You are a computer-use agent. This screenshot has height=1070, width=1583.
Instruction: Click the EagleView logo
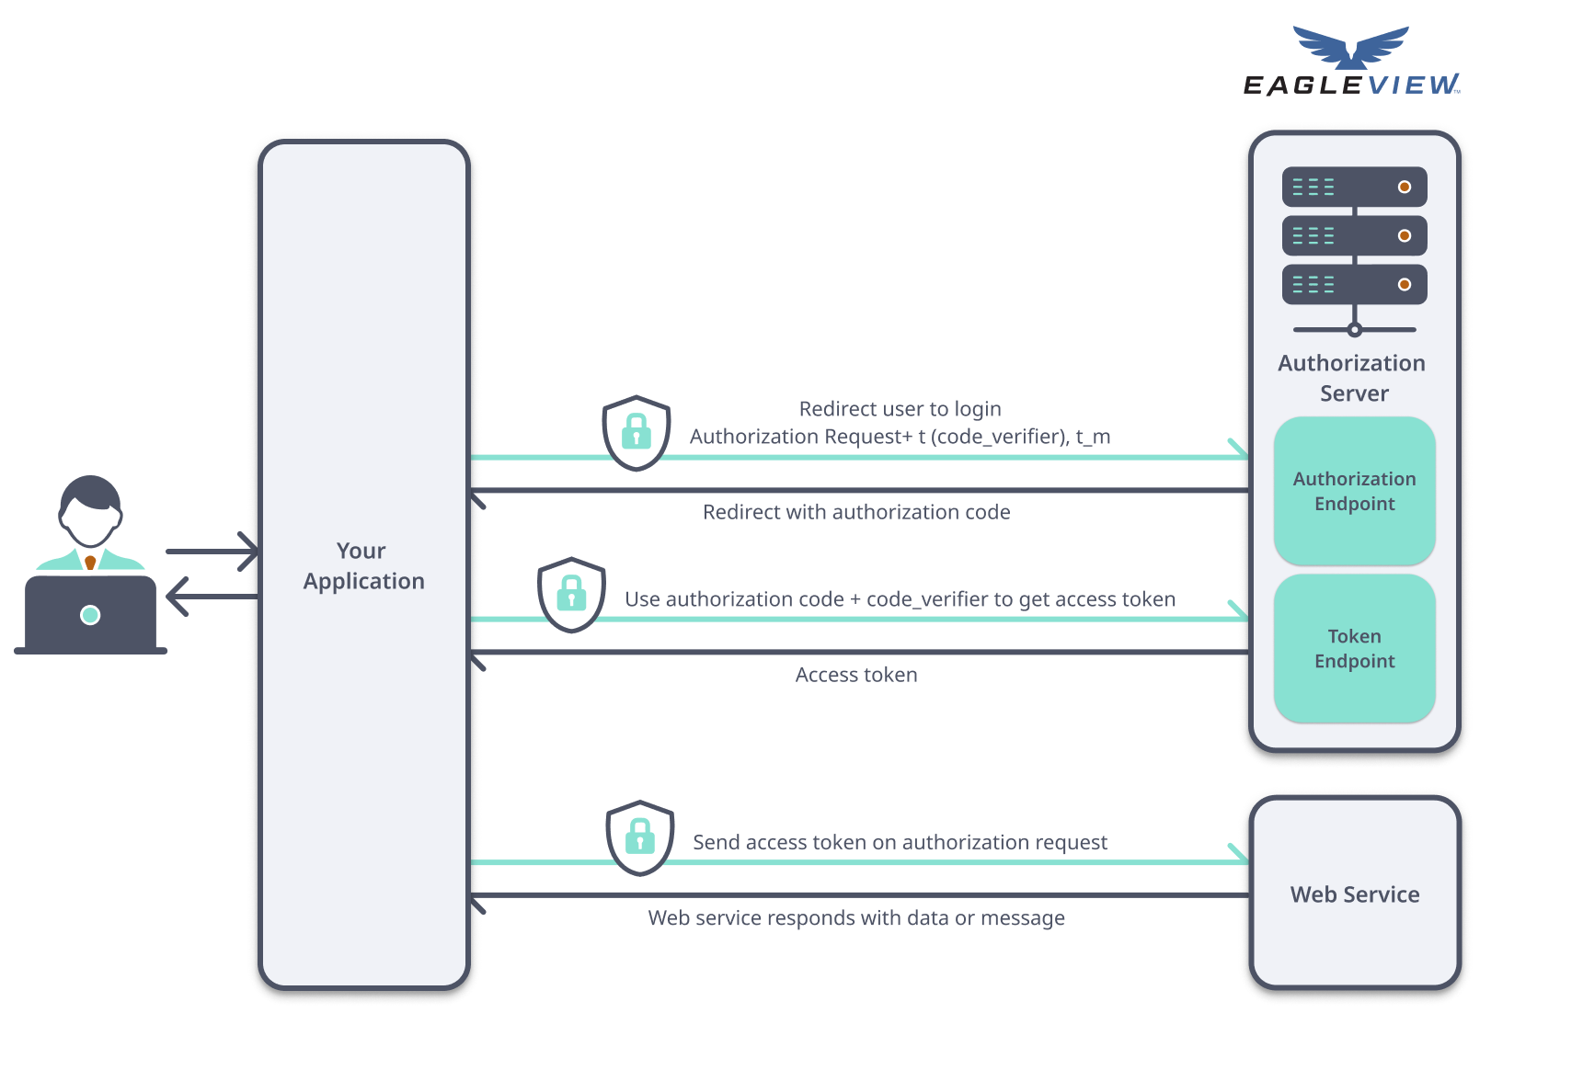1350,63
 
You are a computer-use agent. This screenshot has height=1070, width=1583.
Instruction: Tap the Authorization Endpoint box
1354,491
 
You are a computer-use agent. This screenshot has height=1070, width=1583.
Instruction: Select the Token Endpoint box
1354,648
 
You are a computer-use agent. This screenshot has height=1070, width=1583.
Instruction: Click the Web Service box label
1354,894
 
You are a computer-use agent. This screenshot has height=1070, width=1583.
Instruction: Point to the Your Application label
363,565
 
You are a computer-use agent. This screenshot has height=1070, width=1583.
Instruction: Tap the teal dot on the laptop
90,615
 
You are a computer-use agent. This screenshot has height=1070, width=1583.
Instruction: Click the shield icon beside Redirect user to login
636,433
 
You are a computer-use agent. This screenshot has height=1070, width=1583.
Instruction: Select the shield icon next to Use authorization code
571,595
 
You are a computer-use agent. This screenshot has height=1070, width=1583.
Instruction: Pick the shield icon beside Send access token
640,837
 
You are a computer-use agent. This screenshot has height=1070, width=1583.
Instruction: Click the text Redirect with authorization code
855,512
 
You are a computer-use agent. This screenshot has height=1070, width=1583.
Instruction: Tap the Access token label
855,675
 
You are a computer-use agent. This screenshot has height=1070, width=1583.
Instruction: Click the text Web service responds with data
855,917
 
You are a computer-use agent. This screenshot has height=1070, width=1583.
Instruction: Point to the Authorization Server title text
1352,378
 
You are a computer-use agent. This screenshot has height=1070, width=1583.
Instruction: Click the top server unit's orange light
1404,187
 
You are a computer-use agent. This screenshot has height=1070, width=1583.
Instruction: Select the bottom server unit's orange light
1404,284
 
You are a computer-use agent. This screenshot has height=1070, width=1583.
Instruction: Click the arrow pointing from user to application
212,552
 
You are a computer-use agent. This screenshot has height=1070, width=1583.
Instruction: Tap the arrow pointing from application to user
212,597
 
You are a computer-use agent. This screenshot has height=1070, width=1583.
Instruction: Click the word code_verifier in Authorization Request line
996,437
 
